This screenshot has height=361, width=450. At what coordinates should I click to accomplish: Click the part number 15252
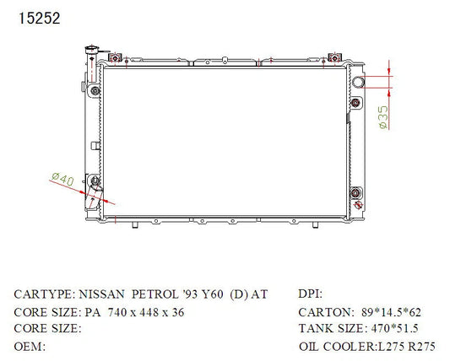tap(40, 18)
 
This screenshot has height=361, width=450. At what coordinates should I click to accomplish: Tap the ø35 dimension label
tap(383, 117)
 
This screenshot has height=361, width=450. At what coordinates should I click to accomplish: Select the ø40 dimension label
tap(63, 179)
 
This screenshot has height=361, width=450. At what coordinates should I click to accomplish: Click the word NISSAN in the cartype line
tap(101, 294)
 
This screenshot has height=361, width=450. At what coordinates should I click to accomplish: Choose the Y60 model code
tap(212, 294)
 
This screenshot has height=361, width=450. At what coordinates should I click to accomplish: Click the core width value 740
tap(117, 312)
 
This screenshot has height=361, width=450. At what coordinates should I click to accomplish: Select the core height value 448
tap(149, 312)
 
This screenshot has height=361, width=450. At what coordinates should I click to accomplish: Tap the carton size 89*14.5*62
tap(391, 312)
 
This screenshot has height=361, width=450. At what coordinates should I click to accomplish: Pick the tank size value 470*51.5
tap(394, 328)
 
